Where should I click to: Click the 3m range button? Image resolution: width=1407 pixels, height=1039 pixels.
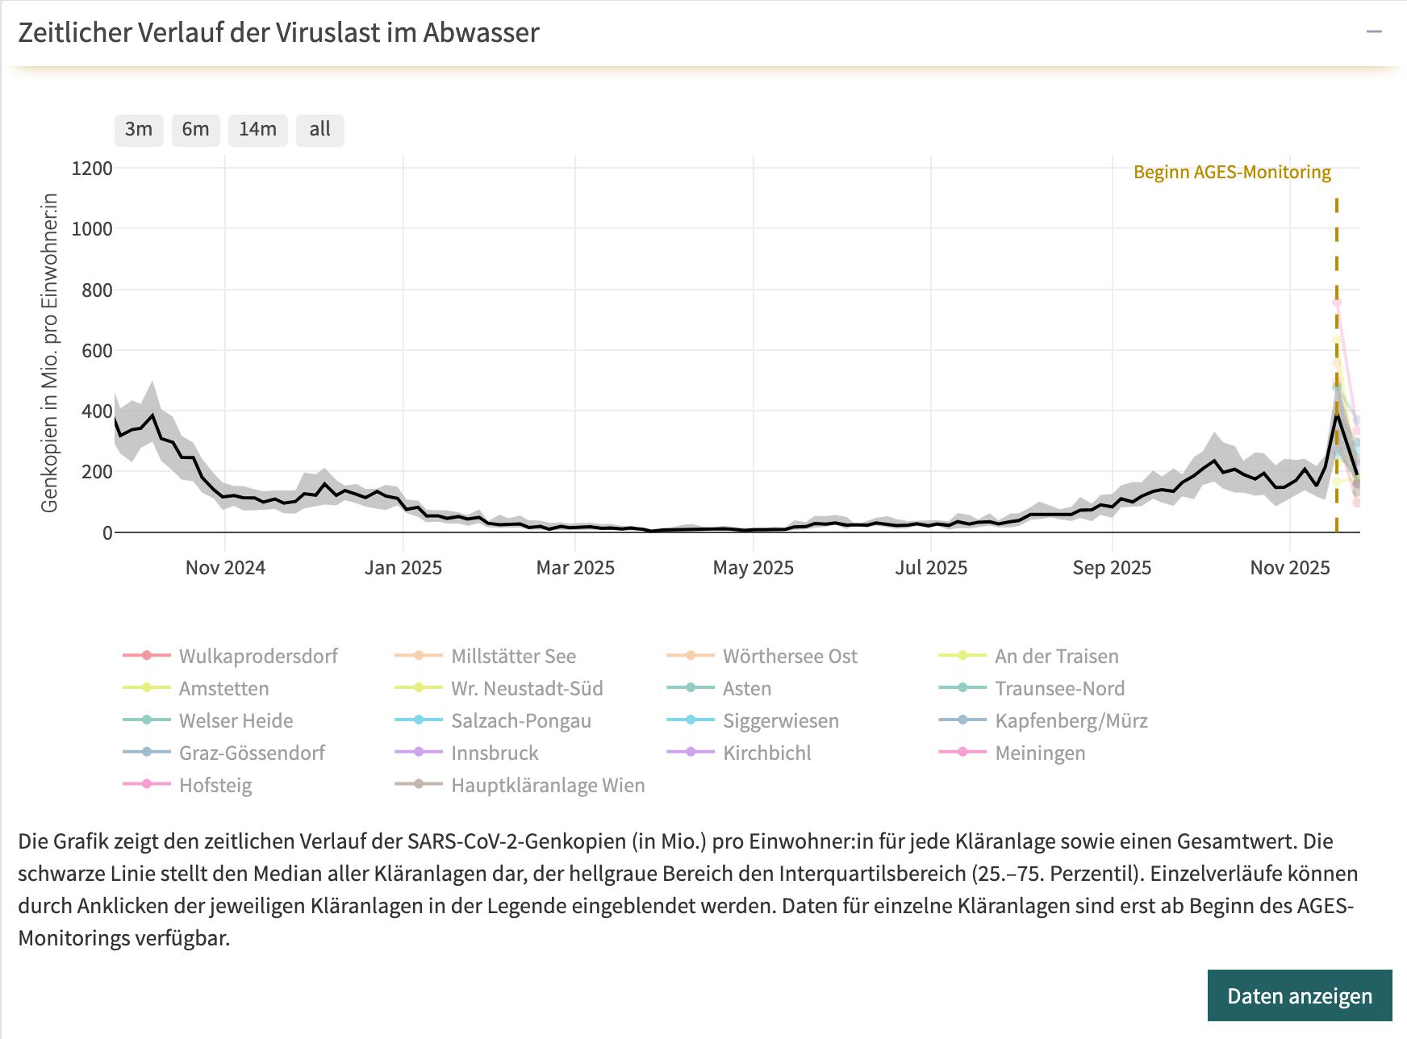(139, 130)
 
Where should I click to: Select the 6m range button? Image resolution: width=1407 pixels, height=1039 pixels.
(195, 130)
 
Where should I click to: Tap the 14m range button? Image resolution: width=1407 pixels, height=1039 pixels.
(257, 130)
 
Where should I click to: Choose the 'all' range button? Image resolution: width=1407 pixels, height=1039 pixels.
(319, 130)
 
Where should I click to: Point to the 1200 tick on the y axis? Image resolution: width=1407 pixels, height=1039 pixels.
(92, 169)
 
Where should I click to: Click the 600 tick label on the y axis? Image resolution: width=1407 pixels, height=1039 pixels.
(97, 350)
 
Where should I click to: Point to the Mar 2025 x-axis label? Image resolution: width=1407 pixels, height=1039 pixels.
(575, 568)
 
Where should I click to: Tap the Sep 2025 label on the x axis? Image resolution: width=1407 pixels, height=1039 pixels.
(1112, 568)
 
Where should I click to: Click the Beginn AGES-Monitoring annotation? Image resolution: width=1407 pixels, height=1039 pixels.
(1232, 172)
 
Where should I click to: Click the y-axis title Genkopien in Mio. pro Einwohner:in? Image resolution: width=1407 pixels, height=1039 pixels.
(50, 353)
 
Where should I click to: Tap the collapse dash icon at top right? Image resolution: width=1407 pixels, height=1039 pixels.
(1374, 32)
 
